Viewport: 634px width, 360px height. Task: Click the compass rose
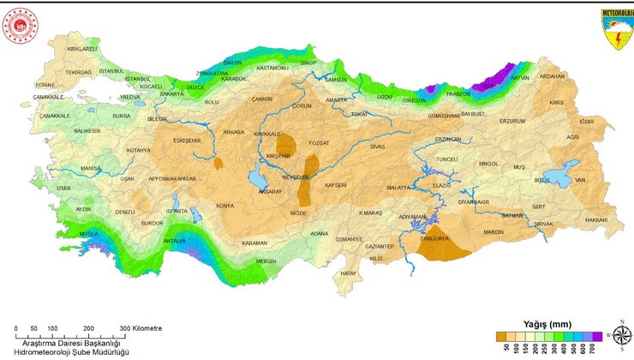pos(620,333)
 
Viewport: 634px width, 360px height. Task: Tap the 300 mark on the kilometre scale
pos(125,328)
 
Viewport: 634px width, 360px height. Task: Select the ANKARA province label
pos(234,133)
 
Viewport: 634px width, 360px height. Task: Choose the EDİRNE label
pos(45,85)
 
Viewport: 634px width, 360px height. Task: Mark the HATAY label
pos(348,273)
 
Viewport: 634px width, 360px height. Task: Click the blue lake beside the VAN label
pos(561,177)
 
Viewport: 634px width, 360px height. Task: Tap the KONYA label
pos(225,206)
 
